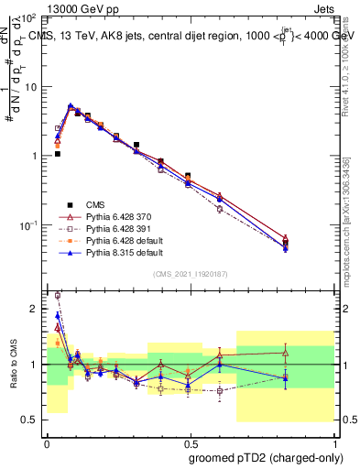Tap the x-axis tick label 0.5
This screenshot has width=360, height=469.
[190, 442]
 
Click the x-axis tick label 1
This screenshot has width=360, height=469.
[333, 442]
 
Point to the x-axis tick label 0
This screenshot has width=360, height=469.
[47, 442]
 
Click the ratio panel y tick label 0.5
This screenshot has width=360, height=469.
[30, 420]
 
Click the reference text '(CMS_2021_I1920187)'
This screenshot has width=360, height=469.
[190, 274]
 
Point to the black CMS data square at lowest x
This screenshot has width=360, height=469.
[57, 154]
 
